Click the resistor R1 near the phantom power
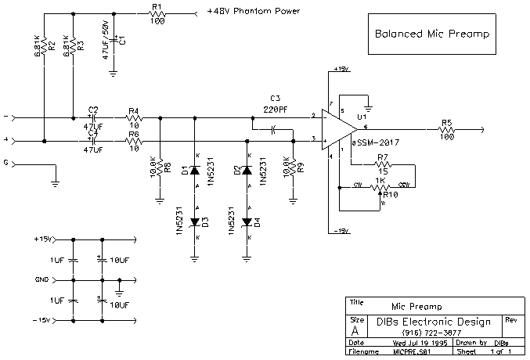click(x=156, y=14)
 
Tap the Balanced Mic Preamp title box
click(x=431, y=35)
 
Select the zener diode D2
click(x=247, y=170)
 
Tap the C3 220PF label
click(x=275, y=103)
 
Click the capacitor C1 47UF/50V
click(x=114, y=38)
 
